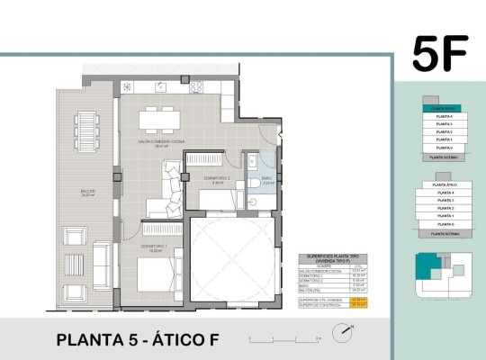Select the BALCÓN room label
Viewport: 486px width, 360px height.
tap(87, 192)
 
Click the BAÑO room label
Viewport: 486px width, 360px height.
tap(267, 179)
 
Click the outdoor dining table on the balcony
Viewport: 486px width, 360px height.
tap(86, 131)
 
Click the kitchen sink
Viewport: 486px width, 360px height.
tap(161, 86)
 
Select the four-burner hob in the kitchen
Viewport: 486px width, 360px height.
tap(195, 86)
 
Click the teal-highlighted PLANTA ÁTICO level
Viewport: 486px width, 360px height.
tap(439, 109)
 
